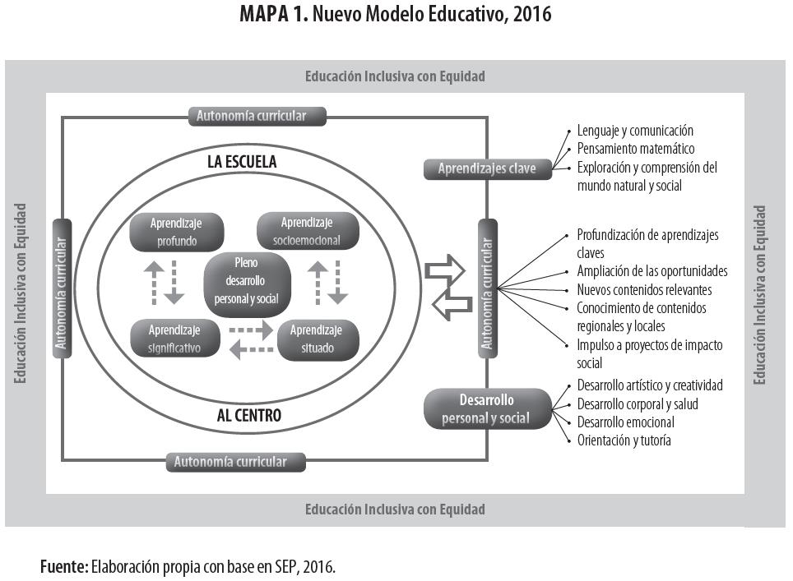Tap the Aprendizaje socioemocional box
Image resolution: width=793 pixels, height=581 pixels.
click(307, 232)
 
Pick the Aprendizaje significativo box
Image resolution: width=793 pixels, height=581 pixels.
click(175, 339)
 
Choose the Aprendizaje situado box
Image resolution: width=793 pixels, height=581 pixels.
click(318, 339)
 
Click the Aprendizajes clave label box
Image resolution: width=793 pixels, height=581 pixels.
click(487, 169)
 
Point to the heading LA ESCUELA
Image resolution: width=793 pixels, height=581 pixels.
click(241, 162)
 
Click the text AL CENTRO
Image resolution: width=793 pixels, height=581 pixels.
click(248, 416)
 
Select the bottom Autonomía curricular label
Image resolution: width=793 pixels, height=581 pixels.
click(235, 462)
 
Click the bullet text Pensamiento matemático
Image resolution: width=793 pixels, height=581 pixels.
click(636, 149)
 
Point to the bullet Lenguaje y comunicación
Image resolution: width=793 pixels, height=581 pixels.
click(634, 131)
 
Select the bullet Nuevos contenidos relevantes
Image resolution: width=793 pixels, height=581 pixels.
click(644, 290)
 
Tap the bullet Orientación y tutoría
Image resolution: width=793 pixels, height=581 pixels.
click(624, 440)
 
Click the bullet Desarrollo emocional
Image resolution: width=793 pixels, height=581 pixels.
click(625, 422)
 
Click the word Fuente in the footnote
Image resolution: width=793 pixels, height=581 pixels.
click(63, 567)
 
